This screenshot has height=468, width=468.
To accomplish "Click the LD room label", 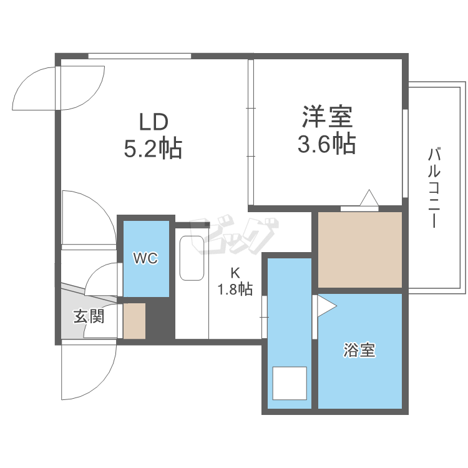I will (x=154, y=120).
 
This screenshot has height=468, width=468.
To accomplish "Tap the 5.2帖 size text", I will (x=154, y=149).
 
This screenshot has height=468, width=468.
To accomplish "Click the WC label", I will (x=145, y=258).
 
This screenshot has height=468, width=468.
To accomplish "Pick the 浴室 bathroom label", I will (x=359, y=351).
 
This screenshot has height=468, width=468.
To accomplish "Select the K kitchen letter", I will (x=235, y=273).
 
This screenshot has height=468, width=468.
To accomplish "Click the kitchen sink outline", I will (x=191, y=259).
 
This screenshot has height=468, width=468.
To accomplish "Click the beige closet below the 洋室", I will (x=359, y=250).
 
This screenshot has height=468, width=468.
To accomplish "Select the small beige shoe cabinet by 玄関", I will (x=134, y=321).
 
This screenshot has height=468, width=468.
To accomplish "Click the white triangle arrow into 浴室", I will (x=326, y=306).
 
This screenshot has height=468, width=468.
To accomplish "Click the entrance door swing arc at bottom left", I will (x=94, y=374).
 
